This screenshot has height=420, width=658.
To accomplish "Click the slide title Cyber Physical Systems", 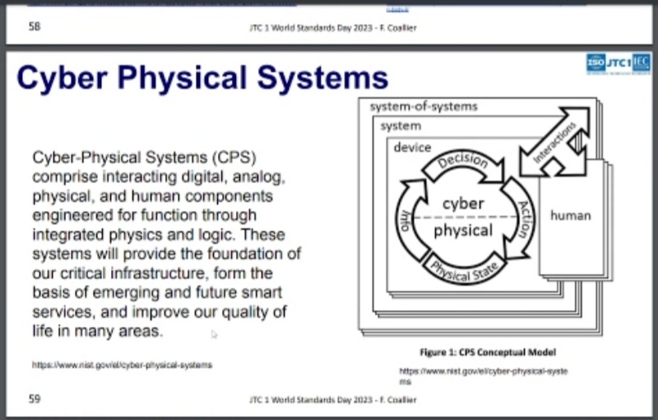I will pyautogui.click(x=202, y=78).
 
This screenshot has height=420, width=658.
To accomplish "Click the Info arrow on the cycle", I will pyautogui.click(x=405, y=220).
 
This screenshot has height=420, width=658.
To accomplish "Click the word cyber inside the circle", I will pyautogui.click(x=463, y=203).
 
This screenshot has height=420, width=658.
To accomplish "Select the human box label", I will pyautogui.click(x=570, y=215).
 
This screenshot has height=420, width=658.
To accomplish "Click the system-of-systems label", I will pyautogui.click(x=423, y=106).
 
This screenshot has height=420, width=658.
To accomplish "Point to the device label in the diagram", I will pyautogui.click(x=412, y=147).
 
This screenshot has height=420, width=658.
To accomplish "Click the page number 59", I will pyautogui.click(x=34, y=399).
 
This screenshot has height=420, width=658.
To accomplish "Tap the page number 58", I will pyautogui.click(x=34, y=27).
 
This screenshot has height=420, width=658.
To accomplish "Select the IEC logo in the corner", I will pyautogui.click(x=641, y=62).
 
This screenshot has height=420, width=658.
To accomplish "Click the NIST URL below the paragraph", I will pyautogui.click(x=122, y=364).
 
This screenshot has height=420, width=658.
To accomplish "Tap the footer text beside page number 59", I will pyautogui.click(x=333, y=399).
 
